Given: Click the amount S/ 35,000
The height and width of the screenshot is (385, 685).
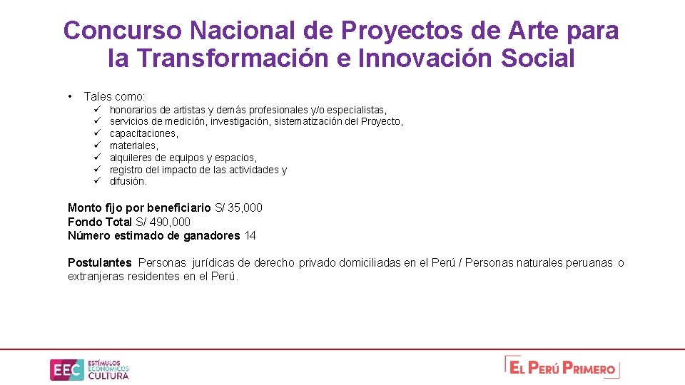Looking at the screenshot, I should pos(238,207).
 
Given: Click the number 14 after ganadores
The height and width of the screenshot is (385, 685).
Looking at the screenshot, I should pos(250,235).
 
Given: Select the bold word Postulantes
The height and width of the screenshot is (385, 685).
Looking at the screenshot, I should pos(100,262).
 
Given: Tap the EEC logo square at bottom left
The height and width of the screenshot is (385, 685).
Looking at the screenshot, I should pos(65,369).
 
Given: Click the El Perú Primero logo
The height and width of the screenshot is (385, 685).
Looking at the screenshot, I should pos(562,367).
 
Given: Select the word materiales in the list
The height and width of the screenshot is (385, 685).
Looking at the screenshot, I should pos(133,145).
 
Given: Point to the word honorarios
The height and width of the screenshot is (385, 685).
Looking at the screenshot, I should pos(133,110).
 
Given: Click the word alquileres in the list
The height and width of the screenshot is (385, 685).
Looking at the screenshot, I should pos(131,158).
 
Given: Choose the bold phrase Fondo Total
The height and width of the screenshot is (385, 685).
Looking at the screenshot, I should pos(100,222).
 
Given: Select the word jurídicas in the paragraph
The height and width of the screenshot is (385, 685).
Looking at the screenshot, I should pos(213,262).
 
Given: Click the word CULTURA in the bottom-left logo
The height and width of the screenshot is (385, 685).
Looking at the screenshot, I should pos(108,376).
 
